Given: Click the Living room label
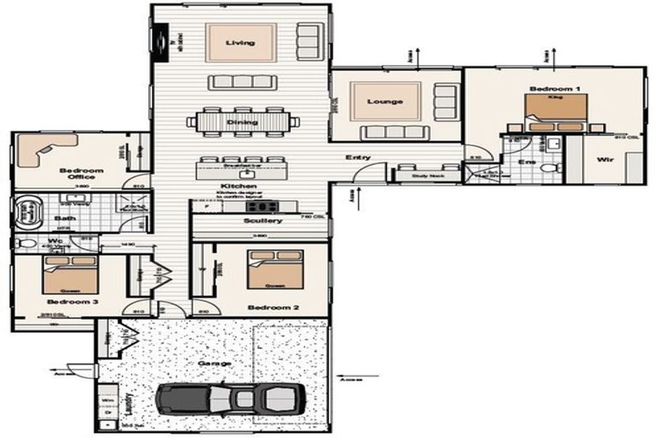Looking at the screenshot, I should click(240, 43).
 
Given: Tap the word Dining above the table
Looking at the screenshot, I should click(236, 122).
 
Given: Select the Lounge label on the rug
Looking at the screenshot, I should click(385, 102).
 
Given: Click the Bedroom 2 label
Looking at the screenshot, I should click(266, 307).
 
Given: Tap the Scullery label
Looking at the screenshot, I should click(263, 221).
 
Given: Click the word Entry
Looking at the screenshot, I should click(358, 157).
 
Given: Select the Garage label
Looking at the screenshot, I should click(215, 363).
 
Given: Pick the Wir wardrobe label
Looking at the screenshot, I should click(605, 159).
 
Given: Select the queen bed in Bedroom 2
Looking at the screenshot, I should click(275, 269).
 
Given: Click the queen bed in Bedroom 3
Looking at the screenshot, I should click(70, 274).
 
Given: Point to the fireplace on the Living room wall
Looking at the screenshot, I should click(159, 41).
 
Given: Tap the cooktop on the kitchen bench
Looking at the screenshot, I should click(260, 205).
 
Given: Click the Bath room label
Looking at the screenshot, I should click(65, 218).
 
